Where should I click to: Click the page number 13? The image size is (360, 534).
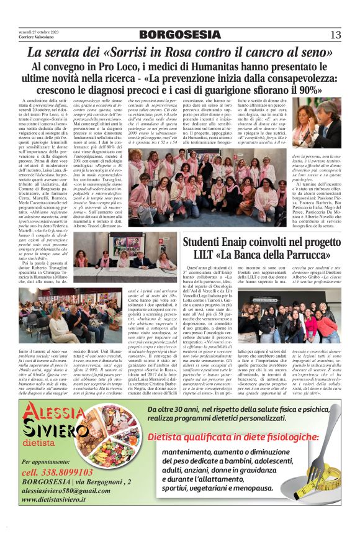335,34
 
